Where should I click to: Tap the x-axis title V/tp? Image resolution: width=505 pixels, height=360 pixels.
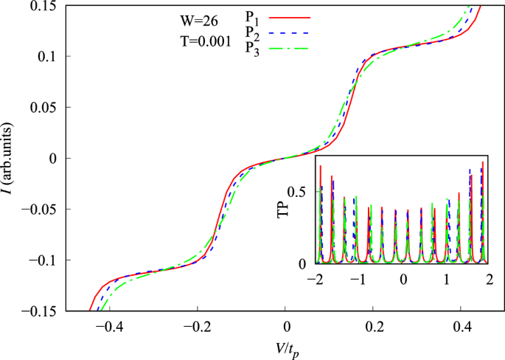click(x=285, y=347)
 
